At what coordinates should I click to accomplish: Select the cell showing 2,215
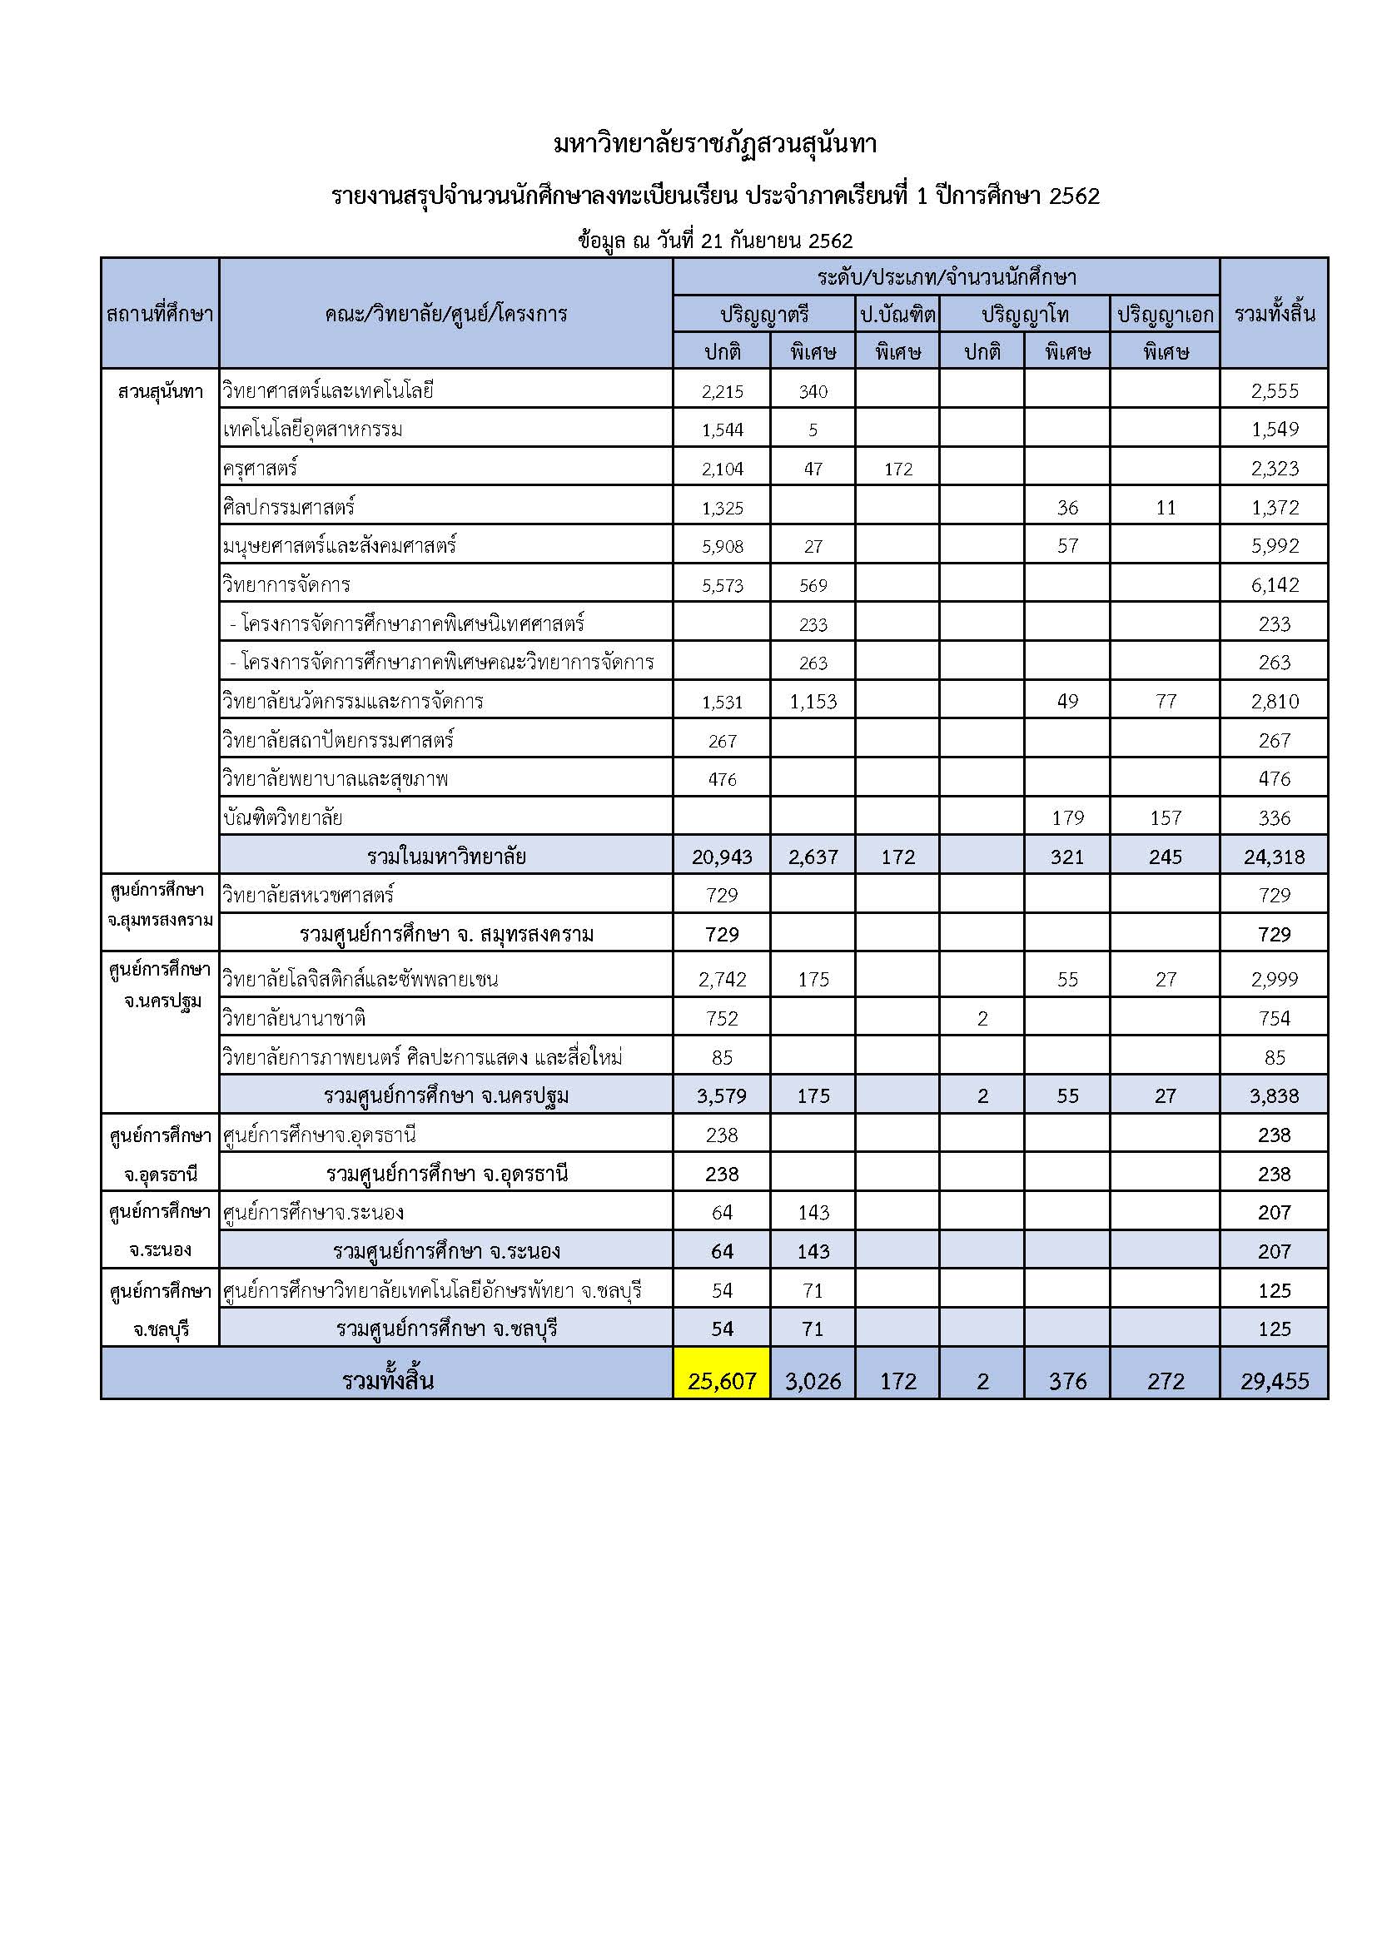(x=723, y=392)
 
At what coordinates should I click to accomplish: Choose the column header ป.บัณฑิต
(x=897, y=315)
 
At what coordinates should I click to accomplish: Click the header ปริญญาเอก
(x=1165, y=315)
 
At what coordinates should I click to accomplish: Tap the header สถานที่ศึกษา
(x=160, y=315)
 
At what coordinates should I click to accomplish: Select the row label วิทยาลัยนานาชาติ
(x=294, y=1018)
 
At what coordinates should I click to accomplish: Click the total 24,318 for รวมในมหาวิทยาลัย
(x=1275, y=857)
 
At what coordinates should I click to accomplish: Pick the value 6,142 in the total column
(x=1275, y=585)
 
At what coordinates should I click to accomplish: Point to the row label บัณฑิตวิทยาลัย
(x=282, y=818)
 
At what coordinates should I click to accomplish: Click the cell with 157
(x=1165, y=818)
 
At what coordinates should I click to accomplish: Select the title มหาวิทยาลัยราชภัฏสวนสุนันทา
(x=715, y=144)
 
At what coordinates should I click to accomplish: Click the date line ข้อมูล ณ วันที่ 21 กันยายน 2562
(x=715, y=241)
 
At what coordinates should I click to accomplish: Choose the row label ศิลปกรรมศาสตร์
(x=289, y=508)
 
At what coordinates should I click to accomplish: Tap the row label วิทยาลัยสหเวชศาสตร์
(x=308, y=896)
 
